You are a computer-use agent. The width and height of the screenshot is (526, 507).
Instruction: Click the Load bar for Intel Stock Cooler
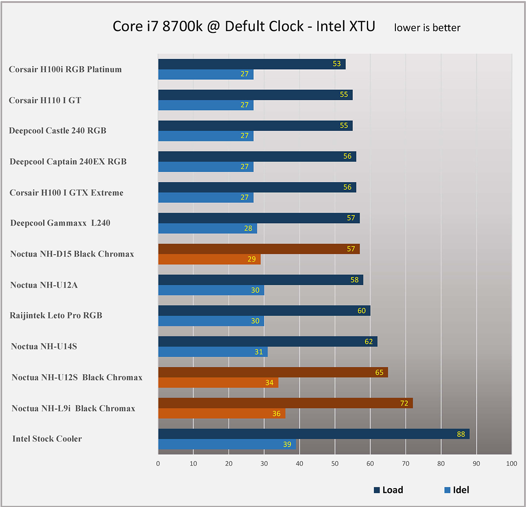(x=313, y=434)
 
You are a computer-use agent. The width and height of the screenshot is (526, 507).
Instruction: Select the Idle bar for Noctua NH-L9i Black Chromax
(x=221, y=413)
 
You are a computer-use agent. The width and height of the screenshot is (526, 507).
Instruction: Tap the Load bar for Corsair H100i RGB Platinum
(x=252, y=64)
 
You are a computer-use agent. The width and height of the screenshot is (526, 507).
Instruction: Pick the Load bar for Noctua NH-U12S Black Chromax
(x=273, y=372)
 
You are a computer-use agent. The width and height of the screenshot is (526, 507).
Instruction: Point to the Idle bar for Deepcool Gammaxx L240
(x=207, y=228)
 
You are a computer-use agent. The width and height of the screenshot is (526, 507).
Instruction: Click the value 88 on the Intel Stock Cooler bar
(x=461, y=434)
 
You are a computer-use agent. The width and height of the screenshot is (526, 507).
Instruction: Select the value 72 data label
(x=404, y=403)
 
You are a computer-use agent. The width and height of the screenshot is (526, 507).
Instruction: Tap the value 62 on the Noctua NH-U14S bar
(x=369, y=341)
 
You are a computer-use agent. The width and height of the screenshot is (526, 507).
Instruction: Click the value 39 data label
(x=287, y=444)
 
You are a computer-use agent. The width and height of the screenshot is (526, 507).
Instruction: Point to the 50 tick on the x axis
(x=335, y=464)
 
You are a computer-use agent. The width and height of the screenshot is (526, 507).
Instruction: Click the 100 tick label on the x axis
(x=512, y=464)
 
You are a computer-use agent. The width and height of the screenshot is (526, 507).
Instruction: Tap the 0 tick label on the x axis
(x=158, y=464)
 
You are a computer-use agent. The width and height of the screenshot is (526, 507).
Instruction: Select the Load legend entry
(x=389, y=490)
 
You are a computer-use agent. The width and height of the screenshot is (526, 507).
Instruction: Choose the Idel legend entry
(x=457, y=490)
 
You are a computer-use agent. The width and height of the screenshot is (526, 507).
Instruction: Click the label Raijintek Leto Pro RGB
(x=56, y=316)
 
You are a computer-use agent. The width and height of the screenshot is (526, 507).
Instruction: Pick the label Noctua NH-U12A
(x=44, y=285)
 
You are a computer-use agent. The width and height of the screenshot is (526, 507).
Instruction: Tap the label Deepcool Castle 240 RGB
(x=57, y=131)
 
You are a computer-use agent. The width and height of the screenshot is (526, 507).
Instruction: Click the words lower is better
(x=427, y=28)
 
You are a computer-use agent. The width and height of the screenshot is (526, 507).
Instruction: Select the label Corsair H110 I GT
(x=45, y=100)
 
